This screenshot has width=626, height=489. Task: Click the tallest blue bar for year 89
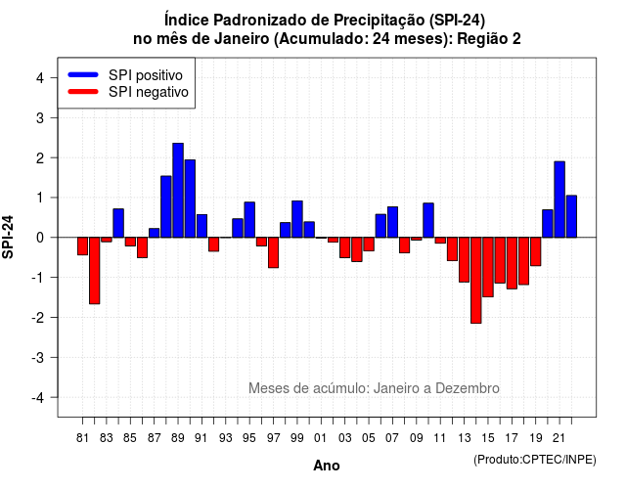point(178,191)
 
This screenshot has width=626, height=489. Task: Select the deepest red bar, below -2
point(476,281)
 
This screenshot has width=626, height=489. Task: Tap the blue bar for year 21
point(559,200)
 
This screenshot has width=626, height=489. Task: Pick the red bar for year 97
point(274,252)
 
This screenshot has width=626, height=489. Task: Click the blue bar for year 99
point(297,219)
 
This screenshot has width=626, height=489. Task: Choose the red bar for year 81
point(82,245)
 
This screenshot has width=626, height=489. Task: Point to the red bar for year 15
point(488,267)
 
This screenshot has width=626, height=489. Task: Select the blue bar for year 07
point(392,222)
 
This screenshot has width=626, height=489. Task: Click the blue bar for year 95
point(249,220)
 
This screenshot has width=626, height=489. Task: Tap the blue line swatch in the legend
point(83,74)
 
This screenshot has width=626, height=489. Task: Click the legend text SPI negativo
point(149,92)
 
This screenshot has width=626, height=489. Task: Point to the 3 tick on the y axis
point(53,117)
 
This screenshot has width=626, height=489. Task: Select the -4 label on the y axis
point(39,398)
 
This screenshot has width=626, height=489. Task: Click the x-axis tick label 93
point(226,438)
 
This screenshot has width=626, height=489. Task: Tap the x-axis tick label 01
point(321,438)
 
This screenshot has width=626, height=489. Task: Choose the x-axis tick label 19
point(536,438)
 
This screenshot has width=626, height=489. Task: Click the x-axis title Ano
point(327,466)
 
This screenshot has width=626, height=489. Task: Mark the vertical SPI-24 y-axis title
point(8,237)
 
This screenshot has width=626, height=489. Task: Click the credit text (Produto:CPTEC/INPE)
point(535,460)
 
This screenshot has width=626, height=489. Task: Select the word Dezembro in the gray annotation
point(468,388)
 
